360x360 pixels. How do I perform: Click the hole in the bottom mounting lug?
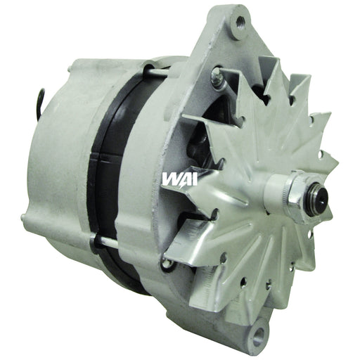click(260, 326)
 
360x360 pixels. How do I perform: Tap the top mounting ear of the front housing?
click(236, 35)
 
